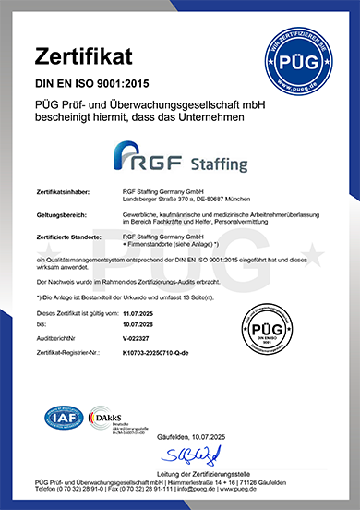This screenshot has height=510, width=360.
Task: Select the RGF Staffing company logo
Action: point(179,156)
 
